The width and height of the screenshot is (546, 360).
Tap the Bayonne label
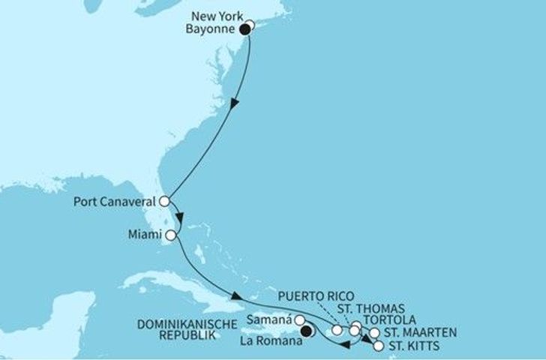coord(212,30)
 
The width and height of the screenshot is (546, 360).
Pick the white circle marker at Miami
coord(171,235)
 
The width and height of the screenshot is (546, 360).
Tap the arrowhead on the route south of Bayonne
coord(237,103)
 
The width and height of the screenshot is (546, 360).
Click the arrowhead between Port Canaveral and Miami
coord(180,217)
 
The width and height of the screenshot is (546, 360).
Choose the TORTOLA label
coord(388,320)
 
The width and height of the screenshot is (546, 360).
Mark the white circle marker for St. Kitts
coord(378,346)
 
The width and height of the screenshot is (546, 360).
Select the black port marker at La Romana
coord(306,328)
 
